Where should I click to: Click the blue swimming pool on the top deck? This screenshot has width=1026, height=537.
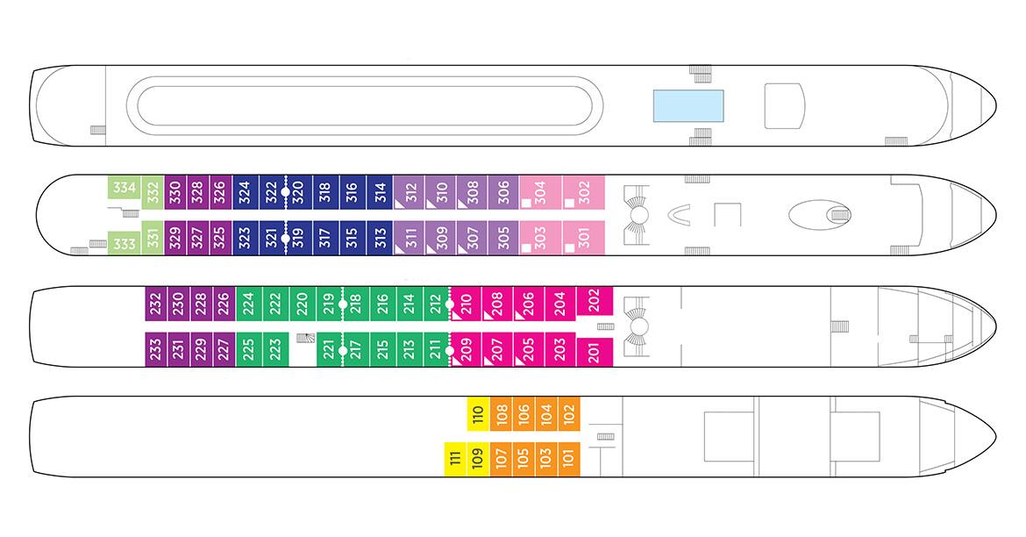point(688,106)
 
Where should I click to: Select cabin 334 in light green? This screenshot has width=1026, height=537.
point(125,187)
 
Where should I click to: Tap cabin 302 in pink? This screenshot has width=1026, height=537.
point(584,192)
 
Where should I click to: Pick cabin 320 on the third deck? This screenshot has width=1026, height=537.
point(299,192)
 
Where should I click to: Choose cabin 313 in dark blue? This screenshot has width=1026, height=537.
point(381,238)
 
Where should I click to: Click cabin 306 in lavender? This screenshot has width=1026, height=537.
point(503,192)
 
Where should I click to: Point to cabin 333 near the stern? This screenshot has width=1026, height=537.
point(125,243)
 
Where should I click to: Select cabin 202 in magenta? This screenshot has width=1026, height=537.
point(595,301)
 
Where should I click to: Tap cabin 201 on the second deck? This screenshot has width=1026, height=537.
point(595,353)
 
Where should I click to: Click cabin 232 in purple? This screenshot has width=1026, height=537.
point(156,304)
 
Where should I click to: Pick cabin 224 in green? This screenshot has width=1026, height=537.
point(249,304)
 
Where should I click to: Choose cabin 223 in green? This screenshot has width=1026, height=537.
point(275,349)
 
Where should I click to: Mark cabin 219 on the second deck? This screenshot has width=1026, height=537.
point(329,304)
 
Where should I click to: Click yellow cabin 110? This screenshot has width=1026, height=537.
point(478,414)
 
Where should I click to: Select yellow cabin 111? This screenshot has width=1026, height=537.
point(455,459)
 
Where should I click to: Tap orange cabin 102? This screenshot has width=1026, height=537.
point(568,414)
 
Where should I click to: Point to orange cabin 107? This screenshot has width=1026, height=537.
point(502,459)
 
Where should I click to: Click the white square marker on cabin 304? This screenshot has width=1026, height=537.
point(526,203)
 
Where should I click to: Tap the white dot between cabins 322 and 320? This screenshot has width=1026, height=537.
point(285,192)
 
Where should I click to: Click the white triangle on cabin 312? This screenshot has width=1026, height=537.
point(397,204)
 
